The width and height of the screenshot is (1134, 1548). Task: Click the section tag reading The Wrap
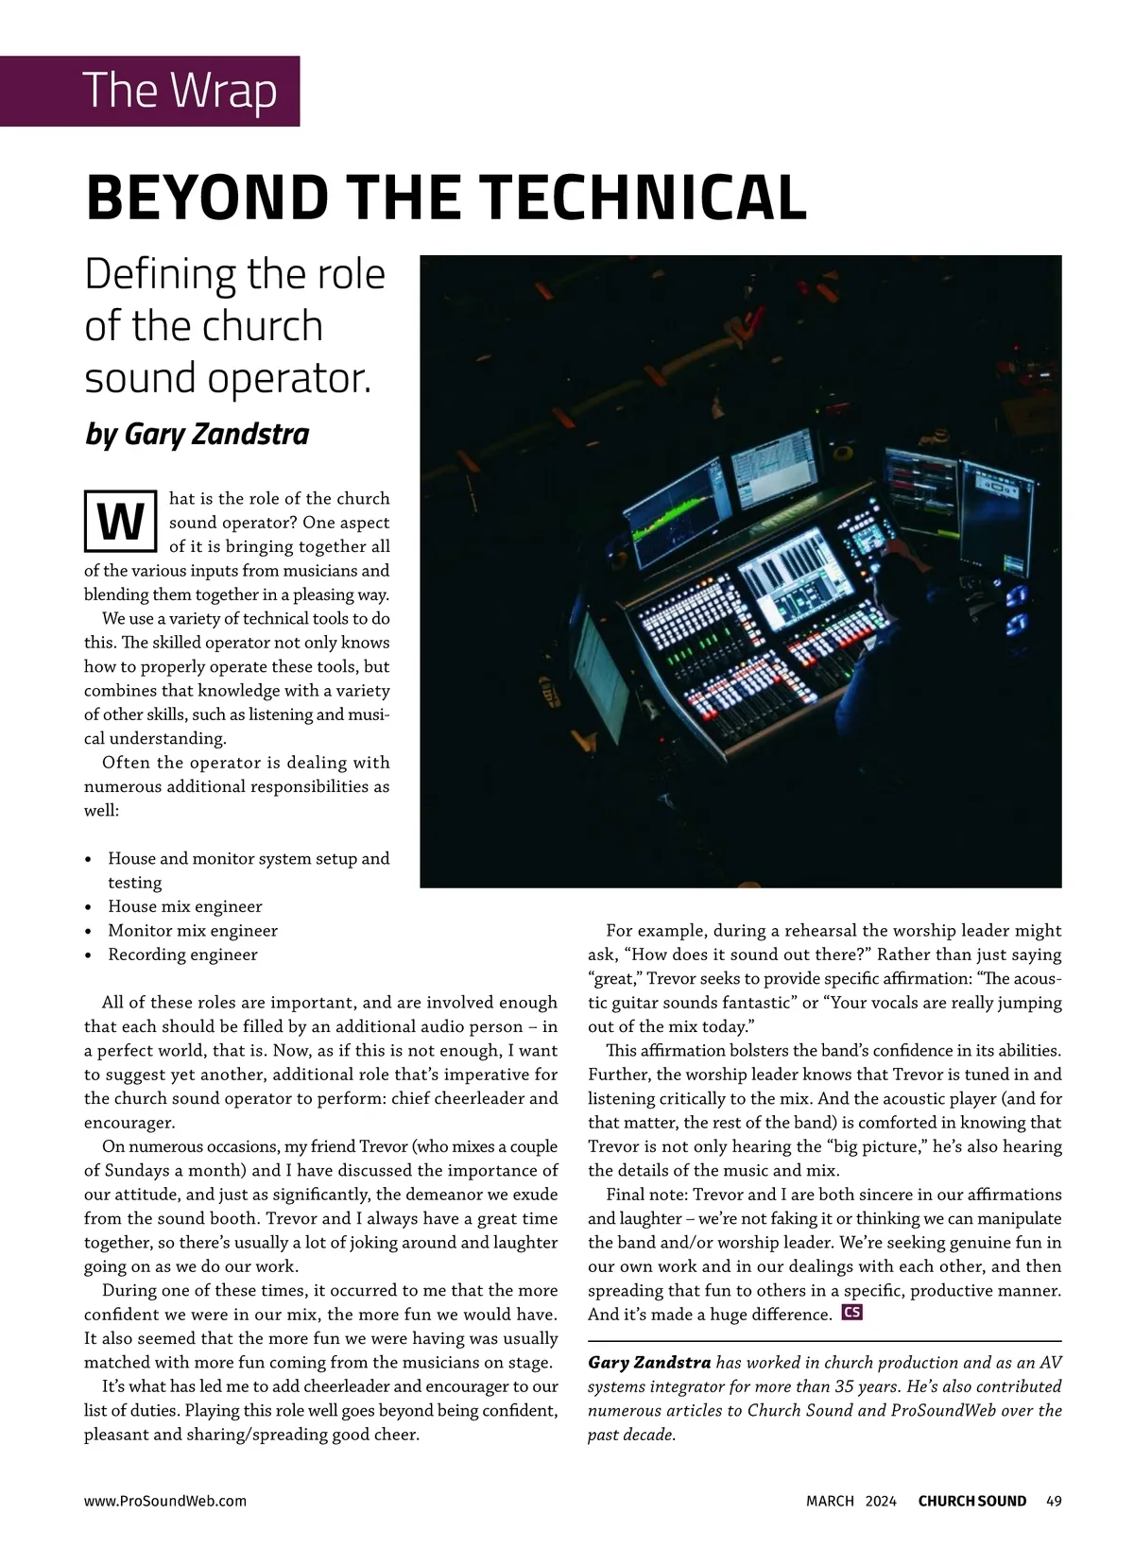pos(180,91)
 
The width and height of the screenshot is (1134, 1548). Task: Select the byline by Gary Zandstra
pos(197,434)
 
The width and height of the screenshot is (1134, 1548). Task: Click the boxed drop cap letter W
pos(120,521)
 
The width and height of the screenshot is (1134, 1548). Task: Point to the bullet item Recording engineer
pos(182,955)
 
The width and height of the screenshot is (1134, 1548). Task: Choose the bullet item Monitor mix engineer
pos(193,931)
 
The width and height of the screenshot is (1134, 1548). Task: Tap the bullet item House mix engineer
pos(185,906)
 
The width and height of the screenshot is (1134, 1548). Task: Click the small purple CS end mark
pos(851,1313)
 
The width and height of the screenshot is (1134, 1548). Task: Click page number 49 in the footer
pos(1055,1501)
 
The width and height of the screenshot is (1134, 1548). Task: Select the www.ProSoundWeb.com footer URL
pos(165,1501)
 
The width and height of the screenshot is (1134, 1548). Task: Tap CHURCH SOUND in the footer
pos(971,1501)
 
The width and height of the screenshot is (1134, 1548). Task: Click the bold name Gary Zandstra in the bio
pos(649,1363)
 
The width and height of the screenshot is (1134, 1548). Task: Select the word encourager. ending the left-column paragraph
pos(129,1123)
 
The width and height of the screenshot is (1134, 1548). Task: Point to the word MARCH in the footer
pos(830,1501)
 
